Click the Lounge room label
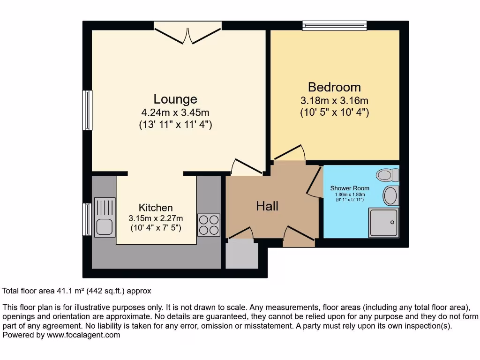click(175, 99)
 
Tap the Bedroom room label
click(334, 87)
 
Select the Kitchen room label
click(156, 208)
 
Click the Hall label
click(267, 206)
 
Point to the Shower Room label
click(350, 188)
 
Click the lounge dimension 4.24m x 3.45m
click(175, 113)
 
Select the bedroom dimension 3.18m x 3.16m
click(334, 101)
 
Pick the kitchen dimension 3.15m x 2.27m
click(156, 218)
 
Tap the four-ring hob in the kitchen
click(209, 225)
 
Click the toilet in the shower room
click(388, 175)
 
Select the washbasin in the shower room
click(390, 195)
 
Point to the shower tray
click(384, 223)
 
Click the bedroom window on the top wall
click(334, 26)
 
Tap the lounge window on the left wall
click(87, 110)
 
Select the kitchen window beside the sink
click(87, 219)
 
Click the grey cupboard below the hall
click(242, 255)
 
